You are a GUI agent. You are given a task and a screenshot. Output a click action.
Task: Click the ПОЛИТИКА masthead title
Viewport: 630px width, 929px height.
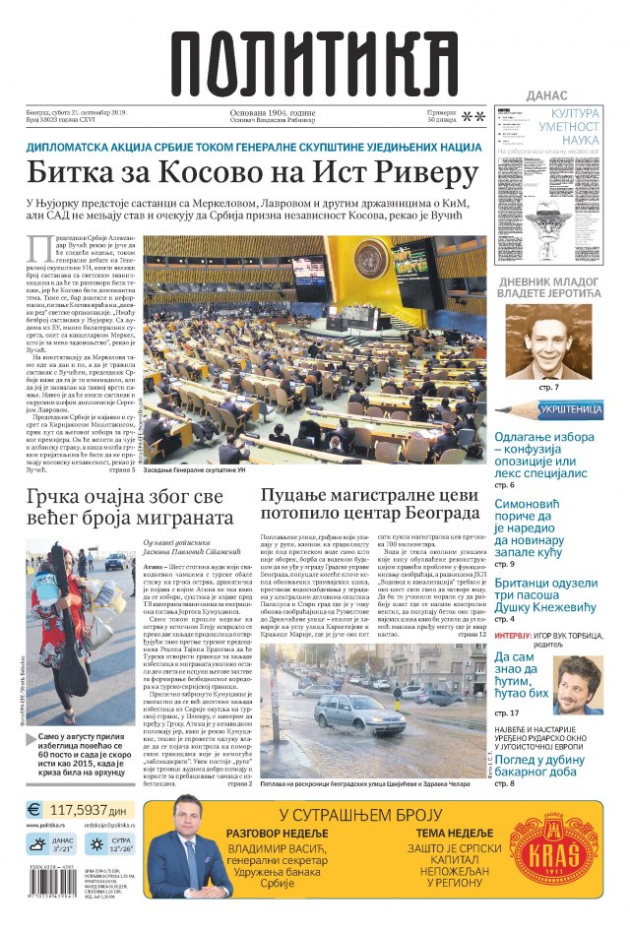pyautogui.click(x=316, y=59)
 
